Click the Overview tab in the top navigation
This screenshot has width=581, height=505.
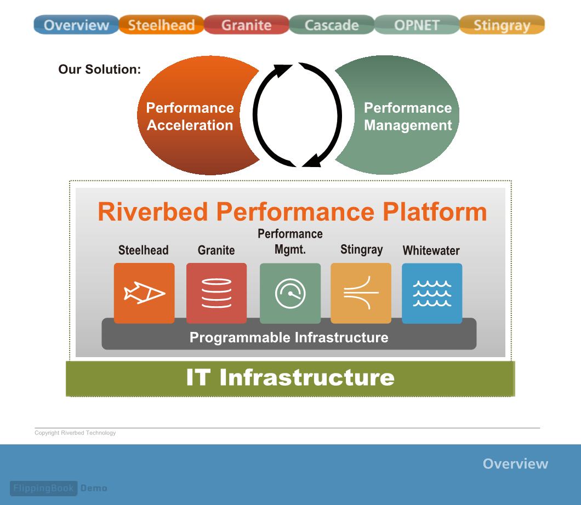[76, 25]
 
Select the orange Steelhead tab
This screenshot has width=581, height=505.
[162, 25]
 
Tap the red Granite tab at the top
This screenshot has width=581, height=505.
[247, 25]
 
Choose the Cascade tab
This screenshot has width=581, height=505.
[332, 25]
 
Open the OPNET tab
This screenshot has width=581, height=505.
[417, 25]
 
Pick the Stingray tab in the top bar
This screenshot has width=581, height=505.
[502, 25]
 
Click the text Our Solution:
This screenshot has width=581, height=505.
[100, 69]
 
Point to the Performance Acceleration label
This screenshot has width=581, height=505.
[190, 116]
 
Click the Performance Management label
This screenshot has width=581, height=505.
[408, 116]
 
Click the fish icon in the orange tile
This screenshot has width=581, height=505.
[144, 293]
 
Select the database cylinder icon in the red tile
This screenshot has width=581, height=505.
[217, 293]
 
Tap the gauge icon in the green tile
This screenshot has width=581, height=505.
[290, 293]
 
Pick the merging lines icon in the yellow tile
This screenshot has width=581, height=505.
[361, 292]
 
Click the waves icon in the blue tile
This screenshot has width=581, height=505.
[432, 293]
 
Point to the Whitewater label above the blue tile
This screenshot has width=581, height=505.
[431, 250]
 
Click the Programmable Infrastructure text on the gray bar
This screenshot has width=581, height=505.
[289, 337]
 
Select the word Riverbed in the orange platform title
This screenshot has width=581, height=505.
[153, 212]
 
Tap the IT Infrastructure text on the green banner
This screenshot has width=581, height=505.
[290, 377]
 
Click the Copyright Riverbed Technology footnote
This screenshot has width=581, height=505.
[75, 433]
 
